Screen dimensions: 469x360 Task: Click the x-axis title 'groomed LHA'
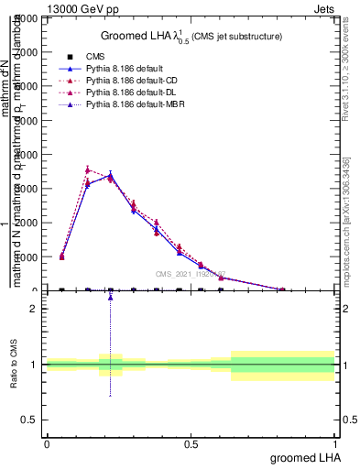coord(303,456)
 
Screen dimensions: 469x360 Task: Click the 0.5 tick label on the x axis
coord(191,443)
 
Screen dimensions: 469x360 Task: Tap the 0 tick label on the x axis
coord(47,443)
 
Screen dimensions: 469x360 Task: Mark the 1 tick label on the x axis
coord(335,443)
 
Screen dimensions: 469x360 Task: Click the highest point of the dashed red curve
coord(88,169)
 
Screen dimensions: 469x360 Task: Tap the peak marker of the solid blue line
coord(111,174)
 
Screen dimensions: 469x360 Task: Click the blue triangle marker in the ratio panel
coord(111,297)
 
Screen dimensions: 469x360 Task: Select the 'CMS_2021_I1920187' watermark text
coord(190,274)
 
